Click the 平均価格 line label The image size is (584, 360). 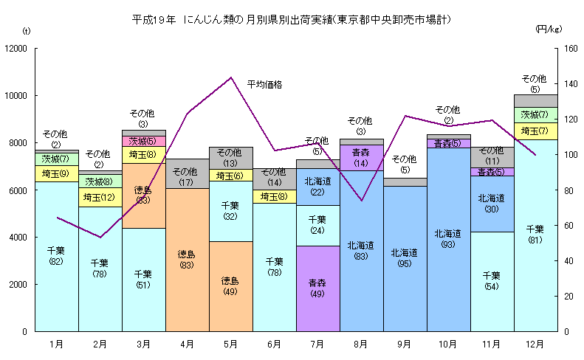point(264,84)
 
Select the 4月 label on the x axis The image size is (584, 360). point(187,344)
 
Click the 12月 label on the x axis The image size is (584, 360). point(535,344)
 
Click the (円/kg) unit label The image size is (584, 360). point(549,30)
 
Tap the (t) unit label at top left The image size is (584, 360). point(27,30)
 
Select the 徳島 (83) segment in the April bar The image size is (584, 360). point(187,260)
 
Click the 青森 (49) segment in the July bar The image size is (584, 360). point(317,288)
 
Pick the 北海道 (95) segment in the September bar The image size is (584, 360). point(405,258)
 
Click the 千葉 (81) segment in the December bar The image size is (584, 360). point(535,235)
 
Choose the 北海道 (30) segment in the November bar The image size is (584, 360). point(492,203)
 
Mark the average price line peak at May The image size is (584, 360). point(231,77)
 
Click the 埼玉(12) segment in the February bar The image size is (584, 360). point(100,197)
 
